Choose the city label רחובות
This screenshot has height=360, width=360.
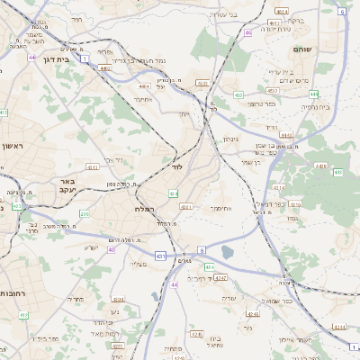coord(13,293)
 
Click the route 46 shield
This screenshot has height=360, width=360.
coord(248,33)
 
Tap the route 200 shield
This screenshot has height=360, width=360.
coord(174,193)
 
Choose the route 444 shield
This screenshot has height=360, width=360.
coord(313,93)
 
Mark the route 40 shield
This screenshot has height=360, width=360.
coord(112,249)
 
